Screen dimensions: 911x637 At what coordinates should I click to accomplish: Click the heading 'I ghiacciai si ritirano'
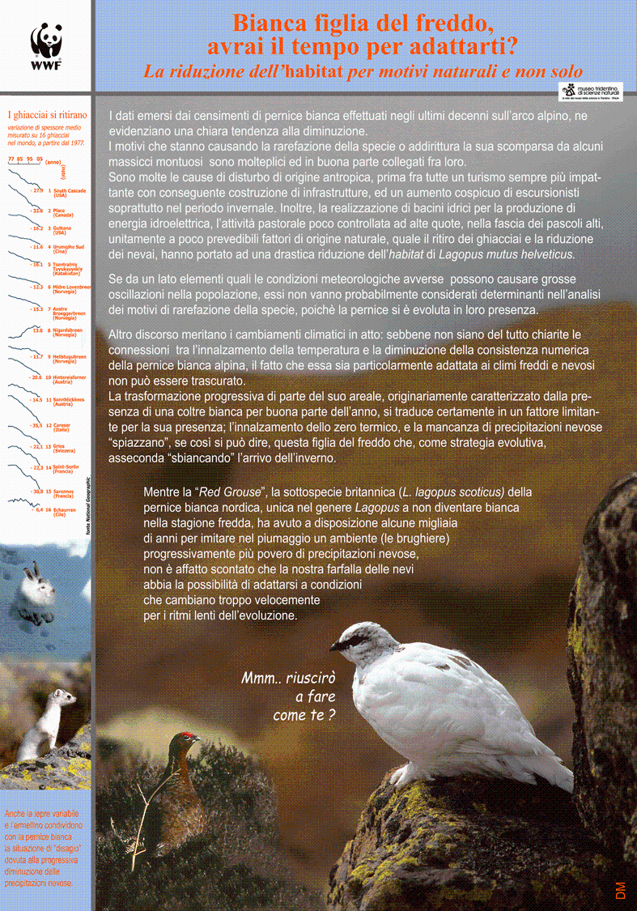click(46, 115)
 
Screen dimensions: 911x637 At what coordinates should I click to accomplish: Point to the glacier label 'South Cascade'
click(70, 190)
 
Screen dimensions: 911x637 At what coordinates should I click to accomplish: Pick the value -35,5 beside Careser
click(36, 424)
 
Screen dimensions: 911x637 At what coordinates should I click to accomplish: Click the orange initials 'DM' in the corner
click(620, 888)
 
